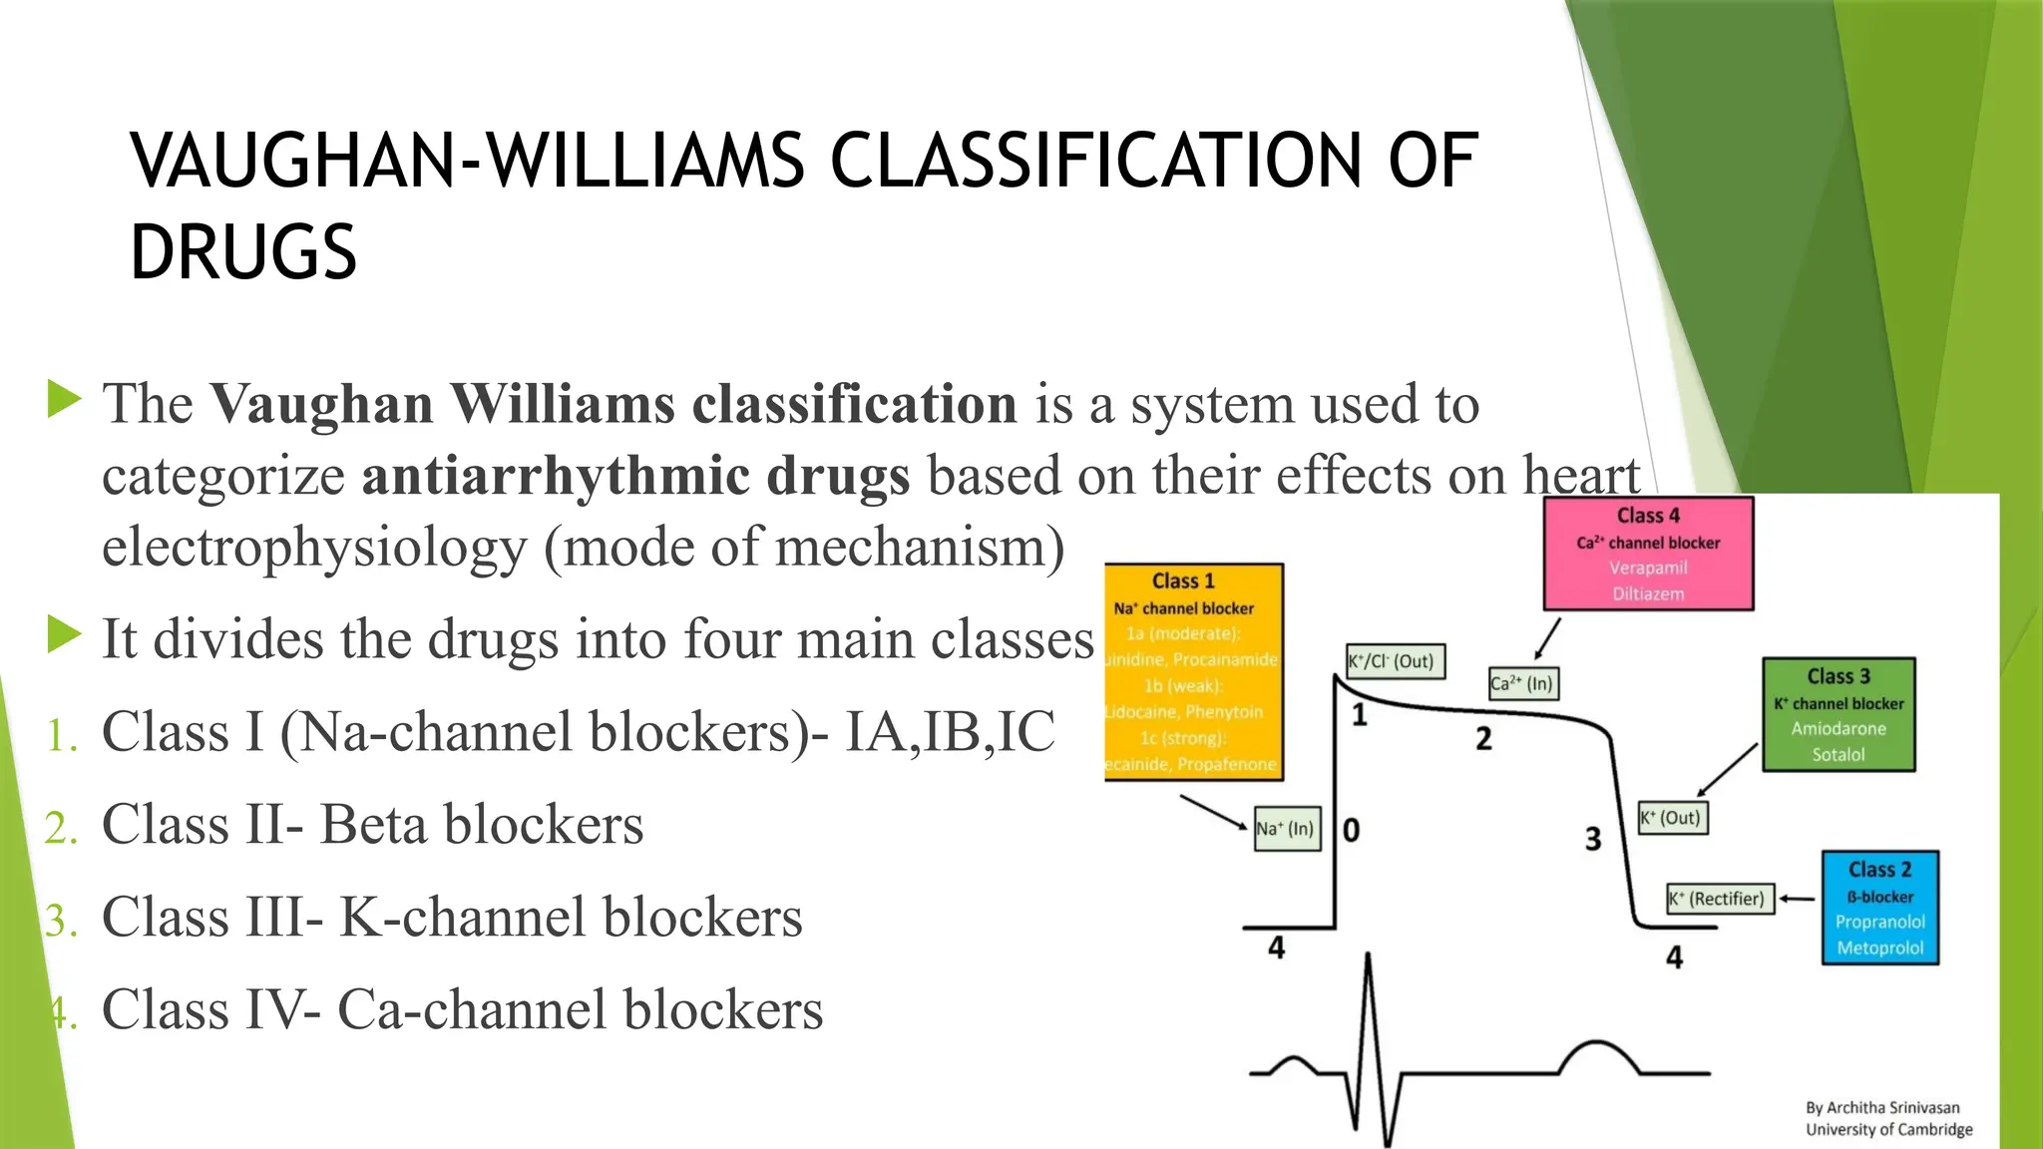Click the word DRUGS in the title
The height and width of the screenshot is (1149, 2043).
click(x=243, y=251)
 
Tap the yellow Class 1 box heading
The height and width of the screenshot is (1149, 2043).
click(x=1183, y=581)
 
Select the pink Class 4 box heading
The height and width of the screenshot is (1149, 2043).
click(x=1648, y=516)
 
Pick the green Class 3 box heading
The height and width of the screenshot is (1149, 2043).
click(x=1839, y=676)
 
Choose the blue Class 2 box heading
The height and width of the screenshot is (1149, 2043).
click(x=1879, y=870)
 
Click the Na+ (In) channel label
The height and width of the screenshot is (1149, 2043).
click(x=1286, y=829)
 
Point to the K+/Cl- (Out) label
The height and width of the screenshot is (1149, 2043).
click(x=1394, y=661)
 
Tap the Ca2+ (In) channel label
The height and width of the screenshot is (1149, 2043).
click(x=1522, y=684)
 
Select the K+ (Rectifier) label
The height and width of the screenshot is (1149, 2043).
click(x=1720, y=899)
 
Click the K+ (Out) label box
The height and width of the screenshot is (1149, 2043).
click(x=1672, y=818)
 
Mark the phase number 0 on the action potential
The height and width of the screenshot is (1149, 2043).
click(x=1351, y=830)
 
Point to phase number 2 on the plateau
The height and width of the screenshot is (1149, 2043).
click(x=1483, y=739)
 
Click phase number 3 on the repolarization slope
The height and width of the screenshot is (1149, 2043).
click(x=1593, y=839)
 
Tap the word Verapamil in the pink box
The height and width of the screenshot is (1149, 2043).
click(x=1648, y=568)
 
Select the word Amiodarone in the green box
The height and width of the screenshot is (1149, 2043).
click(x=1839, y=729)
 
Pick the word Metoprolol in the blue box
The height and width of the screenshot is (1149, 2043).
click(x=1879, y=949)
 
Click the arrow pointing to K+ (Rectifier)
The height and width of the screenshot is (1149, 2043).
click(x=1797, y=899)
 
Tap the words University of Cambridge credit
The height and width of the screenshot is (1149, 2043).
click(x=1888, y=1129)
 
